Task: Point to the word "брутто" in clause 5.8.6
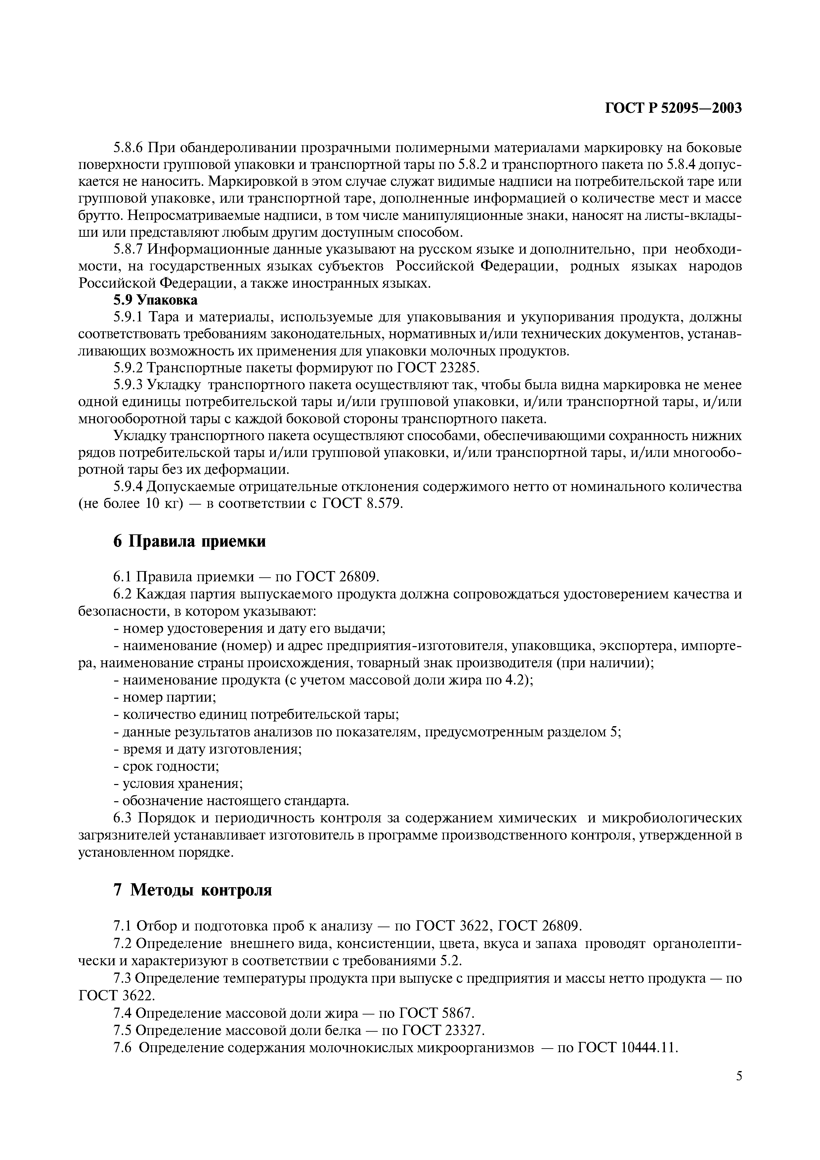[101, 216]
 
